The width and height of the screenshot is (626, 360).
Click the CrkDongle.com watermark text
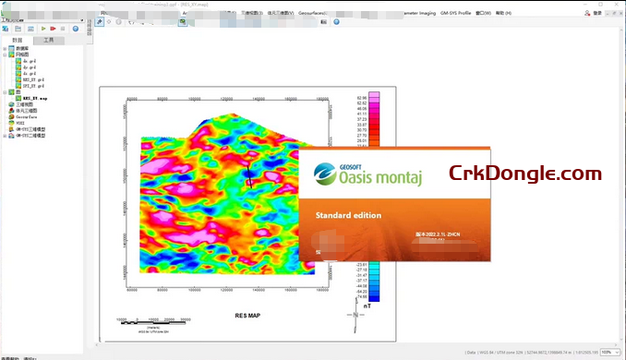(524, 172)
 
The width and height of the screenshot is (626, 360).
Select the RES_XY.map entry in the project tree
(36, 97)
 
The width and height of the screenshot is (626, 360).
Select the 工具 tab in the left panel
(47, 41)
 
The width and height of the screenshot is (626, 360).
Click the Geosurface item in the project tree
(25, 117)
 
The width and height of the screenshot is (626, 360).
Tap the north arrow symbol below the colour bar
(355, 319)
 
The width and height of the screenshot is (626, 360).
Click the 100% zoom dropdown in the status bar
(609, 352)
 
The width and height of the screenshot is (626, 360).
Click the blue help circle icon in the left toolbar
(76, 29)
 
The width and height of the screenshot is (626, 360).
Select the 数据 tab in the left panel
(17, 41)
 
